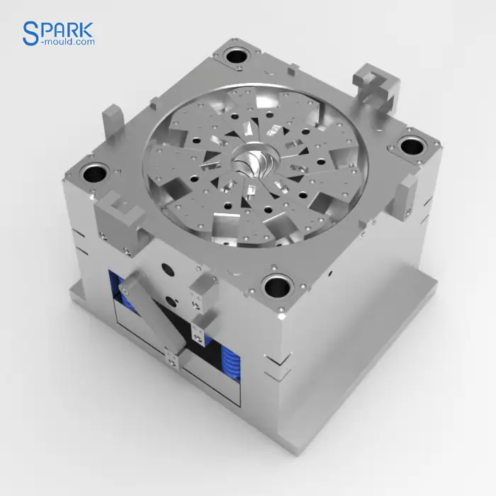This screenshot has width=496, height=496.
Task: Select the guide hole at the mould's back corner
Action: click(235, 56)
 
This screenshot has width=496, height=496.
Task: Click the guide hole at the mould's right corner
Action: click(410, 146)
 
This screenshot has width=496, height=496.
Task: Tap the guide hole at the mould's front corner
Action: click(277, 287)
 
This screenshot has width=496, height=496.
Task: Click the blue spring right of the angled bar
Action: click(232, 363)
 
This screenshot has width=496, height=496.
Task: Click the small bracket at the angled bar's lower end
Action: click(171, 359)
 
